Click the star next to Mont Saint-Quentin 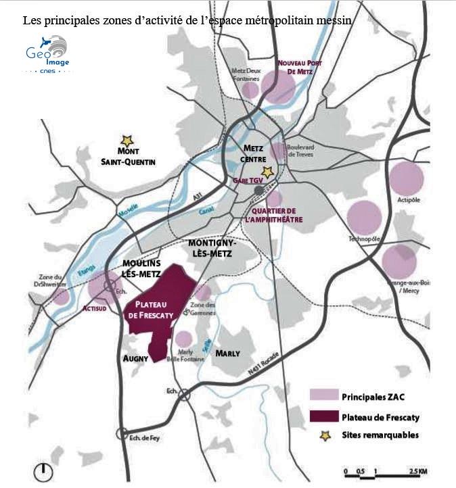[125, 139]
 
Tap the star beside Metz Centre [268, 172]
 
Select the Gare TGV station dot [259, 191]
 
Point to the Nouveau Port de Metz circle [278, 87]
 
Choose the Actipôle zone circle [406, 178]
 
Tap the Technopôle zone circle [364, 218]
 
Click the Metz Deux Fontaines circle [250, 90]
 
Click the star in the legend [325, 435]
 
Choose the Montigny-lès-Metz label [211, 248]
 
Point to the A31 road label [198, 196]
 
